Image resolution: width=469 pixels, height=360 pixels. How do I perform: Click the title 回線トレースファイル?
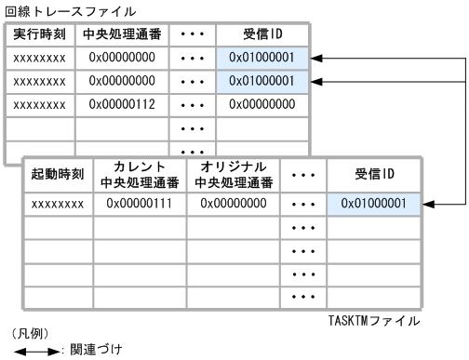(57, 12)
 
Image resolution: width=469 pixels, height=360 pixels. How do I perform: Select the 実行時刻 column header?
(40, 35)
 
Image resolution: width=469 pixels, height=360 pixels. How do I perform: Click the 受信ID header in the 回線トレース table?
(267, 35)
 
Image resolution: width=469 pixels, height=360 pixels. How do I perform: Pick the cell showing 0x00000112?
(125, 105)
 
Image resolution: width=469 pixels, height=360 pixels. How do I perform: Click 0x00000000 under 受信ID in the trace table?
(267, 105)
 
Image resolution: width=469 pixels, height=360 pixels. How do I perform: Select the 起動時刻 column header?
(59, 173)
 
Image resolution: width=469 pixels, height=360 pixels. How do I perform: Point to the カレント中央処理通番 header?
(139, 173)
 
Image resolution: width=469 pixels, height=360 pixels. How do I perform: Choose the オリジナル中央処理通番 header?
(233, 173)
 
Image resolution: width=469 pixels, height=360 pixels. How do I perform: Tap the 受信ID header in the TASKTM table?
(373, 173)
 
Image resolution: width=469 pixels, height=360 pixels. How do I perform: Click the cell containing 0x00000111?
(139, 203)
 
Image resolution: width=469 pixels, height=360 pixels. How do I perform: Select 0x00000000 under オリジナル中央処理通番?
(233, 203)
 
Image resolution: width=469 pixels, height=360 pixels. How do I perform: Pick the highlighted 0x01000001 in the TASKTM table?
(373, 203)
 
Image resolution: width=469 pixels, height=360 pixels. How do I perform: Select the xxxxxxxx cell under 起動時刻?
(59, 203)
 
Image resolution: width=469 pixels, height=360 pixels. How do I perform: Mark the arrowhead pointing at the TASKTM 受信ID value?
(429, 203)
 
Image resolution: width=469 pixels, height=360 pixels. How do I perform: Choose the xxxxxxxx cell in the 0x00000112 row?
(40, 105)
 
